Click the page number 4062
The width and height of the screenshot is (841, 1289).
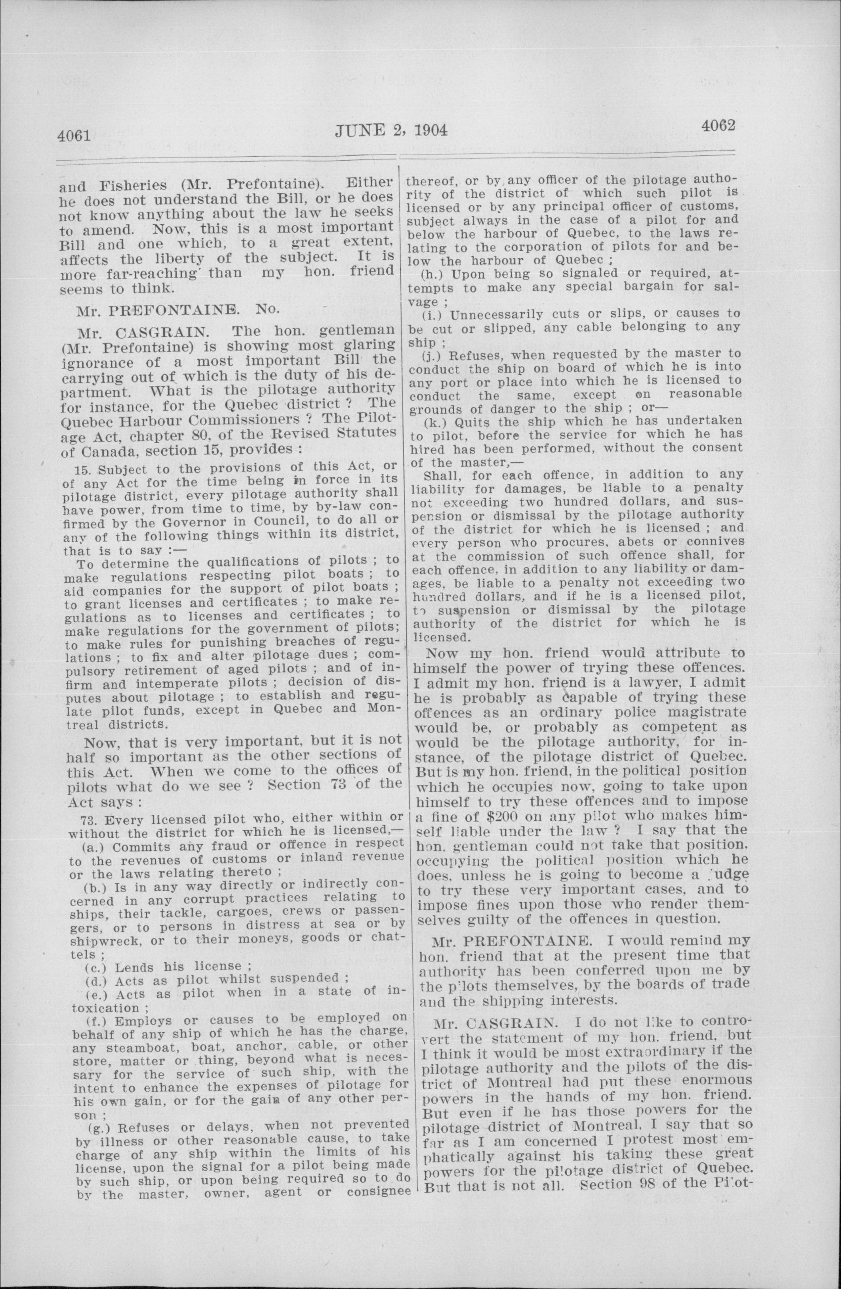[x=717, y=126]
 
